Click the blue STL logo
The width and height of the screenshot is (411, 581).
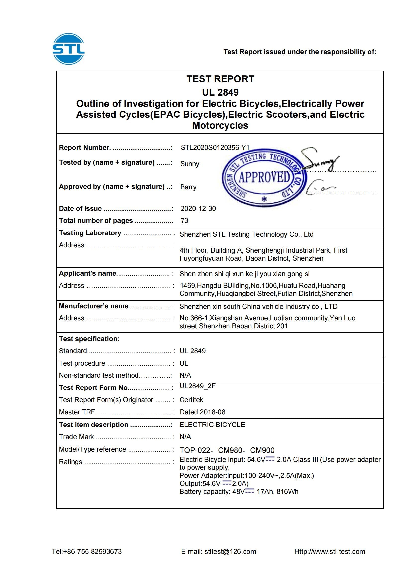click(68, 49)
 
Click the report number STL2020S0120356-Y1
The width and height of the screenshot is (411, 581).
click(215, 148)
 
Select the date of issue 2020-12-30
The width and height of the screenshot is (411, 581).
click(198, 208)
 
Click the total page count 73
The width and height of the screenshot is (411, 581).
click(184, 220)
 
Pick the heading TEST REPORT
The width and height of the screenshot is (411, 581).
click(220, 79)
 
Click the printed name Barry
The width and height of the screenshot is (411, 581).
click(188, 187)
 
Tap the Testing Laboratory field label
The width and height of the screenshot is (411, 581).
click(90, 233)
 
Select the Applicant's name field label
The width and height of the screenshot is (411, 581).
click(88, 273)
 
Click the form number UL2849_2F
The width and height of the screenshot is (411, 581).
click(197, 386)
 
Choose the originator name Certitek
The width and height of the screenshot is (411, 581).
click(191, 400)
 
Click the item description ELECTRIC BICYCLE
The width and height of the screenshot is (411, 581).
click(212, 425)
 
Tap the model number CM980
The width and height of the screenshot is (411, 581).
click(230, 450)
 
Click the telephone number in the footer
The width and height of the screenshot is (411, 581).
click(87, 552)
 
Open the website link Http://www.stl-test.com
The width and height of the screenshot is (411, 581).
click(329, 552)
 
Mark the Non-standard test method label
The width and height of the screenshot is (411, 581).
click(99, 375)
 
